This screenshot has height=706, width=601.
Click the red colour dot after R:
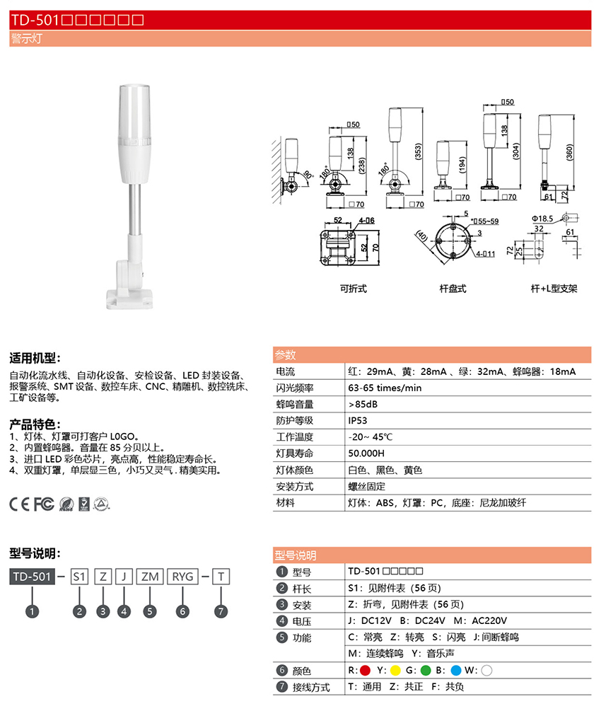(x=365, y=671)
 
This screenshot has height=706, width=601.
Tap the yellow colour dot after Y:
(x=395, y=671)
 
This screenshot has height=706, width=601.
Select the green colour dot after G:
(x=426, y=671)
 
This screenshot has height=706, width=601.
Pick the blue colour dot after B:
(x=455, y=671)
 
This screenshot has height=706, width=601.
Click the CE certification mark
(x=20, y=504)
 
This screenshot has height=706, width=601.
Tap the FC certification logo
(x=44, y=504)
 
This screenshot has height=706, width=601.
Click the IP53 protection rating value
(x=358, y=420)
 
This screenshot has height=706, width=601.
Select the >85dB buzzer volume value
(x=363, y=405)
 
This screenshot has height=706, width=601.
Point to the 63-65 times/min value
(x=385, y=388)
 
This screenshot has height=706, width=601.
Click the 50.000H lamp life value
(x=366, y=453)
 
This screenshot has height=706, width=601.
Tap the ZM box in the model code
(x=150, y=577)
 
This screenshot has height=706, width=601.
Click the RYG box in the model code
(x=182, y=577)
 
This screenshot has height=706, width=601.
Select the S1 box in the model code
(x=79, y=577)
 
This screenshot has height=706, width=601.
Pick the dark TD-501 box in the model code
(x=32, y=577)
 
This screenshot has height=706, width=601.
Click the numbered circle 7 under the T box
(x=221, y=611)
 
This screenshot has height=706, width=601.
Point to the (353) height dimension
(x=418, y=151)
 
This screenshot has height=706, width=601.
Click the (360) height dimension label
(x=569, y=152)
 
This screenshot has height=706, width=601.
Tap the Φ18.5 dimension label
(x=542, y=219)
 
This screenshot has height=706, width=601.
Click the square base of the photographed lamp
(x=129, y=299)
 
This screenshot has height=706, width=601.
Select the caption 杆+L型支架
(x=554, y=289)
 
